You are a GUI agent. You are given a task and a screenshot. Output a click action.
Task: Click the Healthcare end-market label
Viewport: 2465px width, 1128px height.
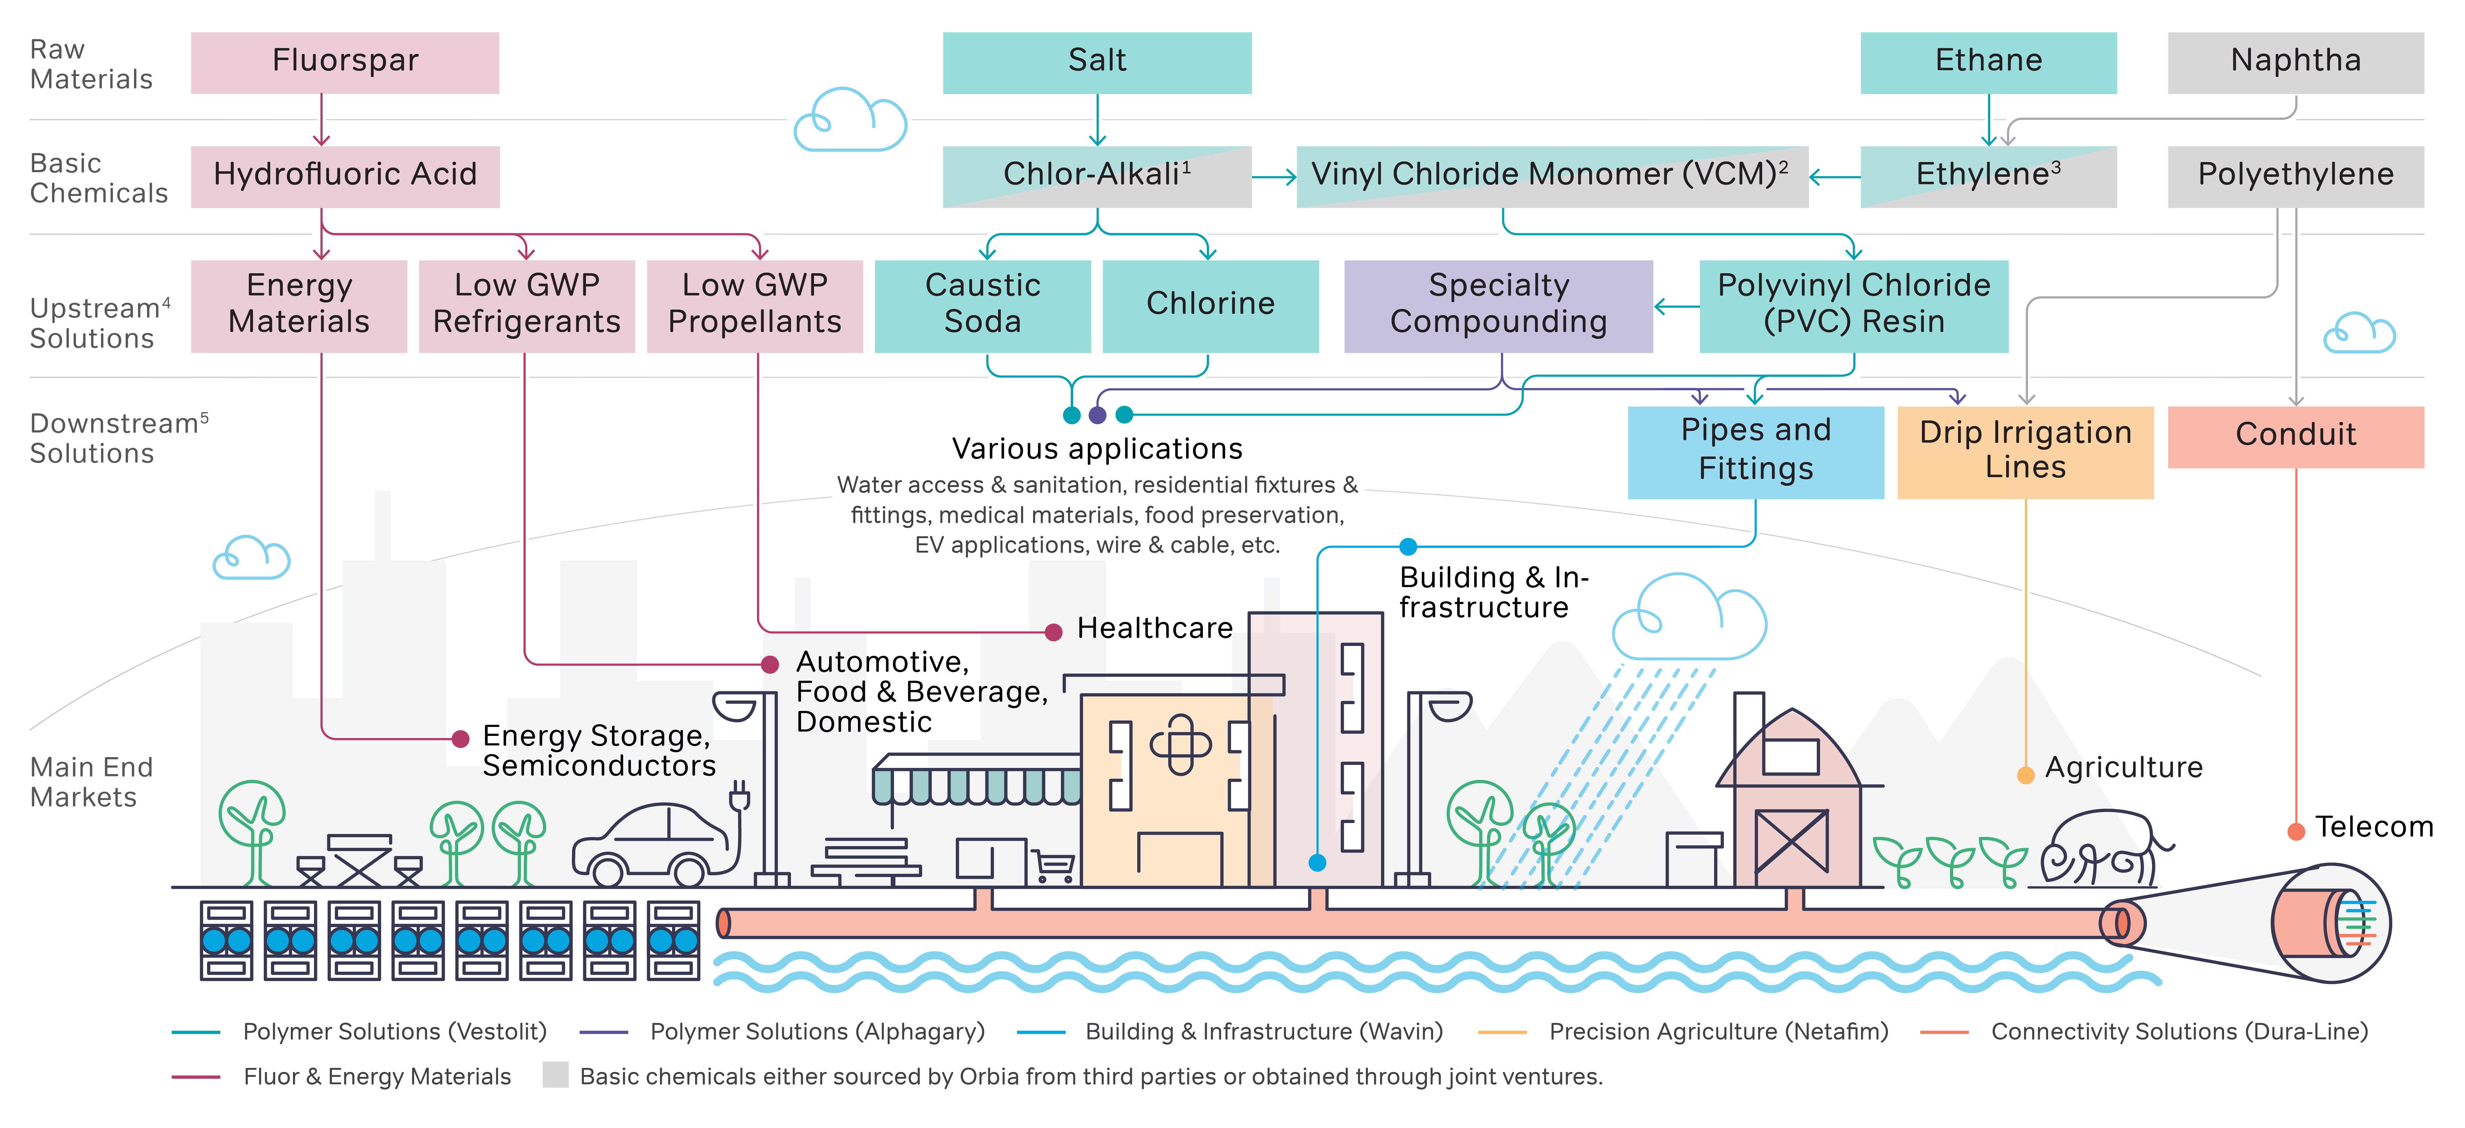coord(1154,629)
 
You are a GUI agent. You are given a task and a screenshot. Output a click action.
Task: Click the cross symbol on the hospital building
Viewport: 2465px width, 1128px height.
coord(1180,744)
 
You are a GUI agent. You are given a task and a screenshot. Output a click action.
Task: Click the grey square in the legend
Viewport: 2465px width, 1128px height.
coord(555,1075)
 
